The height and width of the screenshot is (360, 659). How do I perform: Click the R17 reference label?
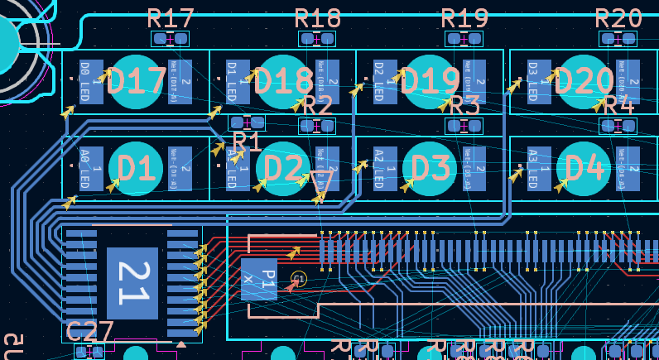point(171,18)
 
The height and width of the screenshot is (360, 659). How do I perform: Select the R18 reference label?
point(318,18)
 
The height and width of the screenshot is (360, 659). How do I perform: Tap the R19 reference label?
point(464,18)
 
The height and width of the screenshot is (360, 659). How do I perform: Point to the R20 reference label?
point(618,18)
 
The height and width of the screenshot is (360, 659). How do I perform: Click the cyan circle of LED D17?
point(137,82)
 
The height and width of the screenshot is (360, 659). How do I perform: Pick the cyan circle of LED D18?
point(284,82)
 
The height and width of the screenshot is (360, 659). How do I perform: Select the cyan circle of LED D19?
point(431,82)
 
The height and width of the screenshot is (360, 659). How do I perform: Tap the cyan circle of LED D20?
point(584,82)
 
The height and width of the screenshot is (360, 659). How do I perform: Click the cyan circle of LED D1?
point(137,168)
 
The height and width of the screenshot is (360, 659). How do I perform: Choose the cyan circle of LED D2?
point(284,168)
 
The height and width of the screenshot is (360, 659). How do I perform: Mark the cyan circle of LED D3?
point(431,168)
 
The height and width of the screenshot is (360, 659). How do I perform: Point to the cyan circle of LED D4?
point(584,168)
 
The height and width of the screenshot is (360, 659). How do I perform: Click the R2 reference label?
point(317,106)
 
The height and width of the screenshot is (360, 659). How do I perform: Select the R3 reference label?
point(464,106)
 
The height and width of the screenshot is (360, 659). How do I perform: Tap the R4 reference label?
point(618,106)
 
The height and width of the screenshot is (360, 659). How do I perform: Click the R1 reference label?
point(247,142)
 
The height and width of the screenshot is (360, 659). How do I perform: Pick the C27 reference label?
point(89,332)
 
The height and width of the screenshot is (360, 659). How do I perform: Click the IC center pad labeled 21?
point(132,283)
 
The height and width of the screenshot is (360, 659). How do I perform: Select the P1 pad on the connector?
point(258,279)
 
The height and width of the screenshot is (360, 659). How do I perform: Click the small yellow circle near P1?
point(299,279)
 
